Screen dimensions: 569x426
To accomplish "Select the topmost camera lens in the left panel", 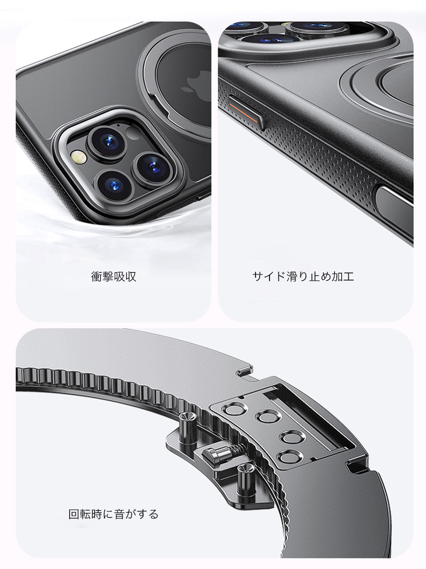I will click(106, 141).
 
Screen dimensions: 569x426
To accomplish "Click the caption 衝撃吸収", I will click(113, 277).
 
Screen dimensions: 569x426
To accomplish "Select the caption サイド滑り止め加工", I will click(303, 277).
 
